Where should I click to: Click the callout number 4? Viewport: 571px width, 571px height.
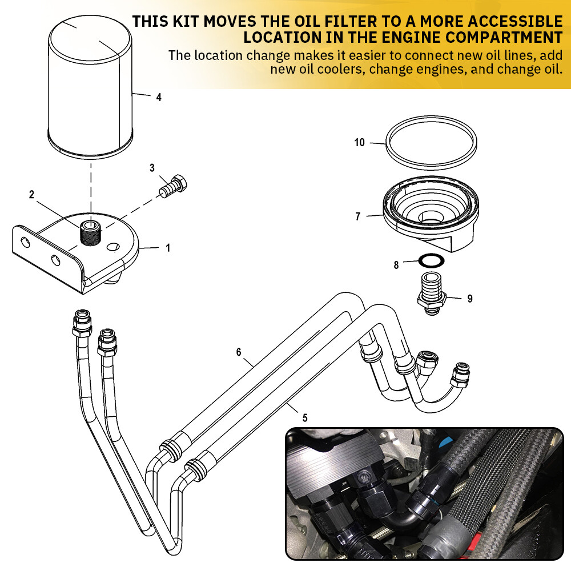pyautogui.click(x=159, y=97)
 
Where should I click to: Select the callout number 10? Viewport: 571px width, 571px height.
pyautogui.click(x=359, y=143)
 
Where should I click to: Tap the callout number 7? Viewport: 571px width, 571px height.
pyautogui.click(x=358, y=216)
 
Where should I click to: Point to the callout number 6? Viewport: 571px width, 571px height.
pyautogui.click(x=239, y=352)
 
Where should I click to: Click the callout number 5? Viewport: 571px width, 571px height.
pyautogui.click(x=305, y=418)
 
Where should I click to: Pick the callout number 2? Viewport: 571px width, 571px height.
pyautogui.click(x=32, y=194)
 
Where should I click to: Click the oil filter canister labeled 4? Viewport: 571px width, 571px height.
pyautogui.click(x=90, y=86)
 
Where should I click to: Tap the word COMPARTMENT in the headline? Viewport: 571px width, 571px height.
pyautogui.click(x=500, y=38)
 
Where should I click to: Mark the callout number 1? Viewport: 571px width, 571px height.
pyautogui.click(x=168, y=248)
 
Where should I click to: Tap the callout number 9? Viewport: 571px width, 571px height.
pyautogui.click(x=470, y=299)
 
